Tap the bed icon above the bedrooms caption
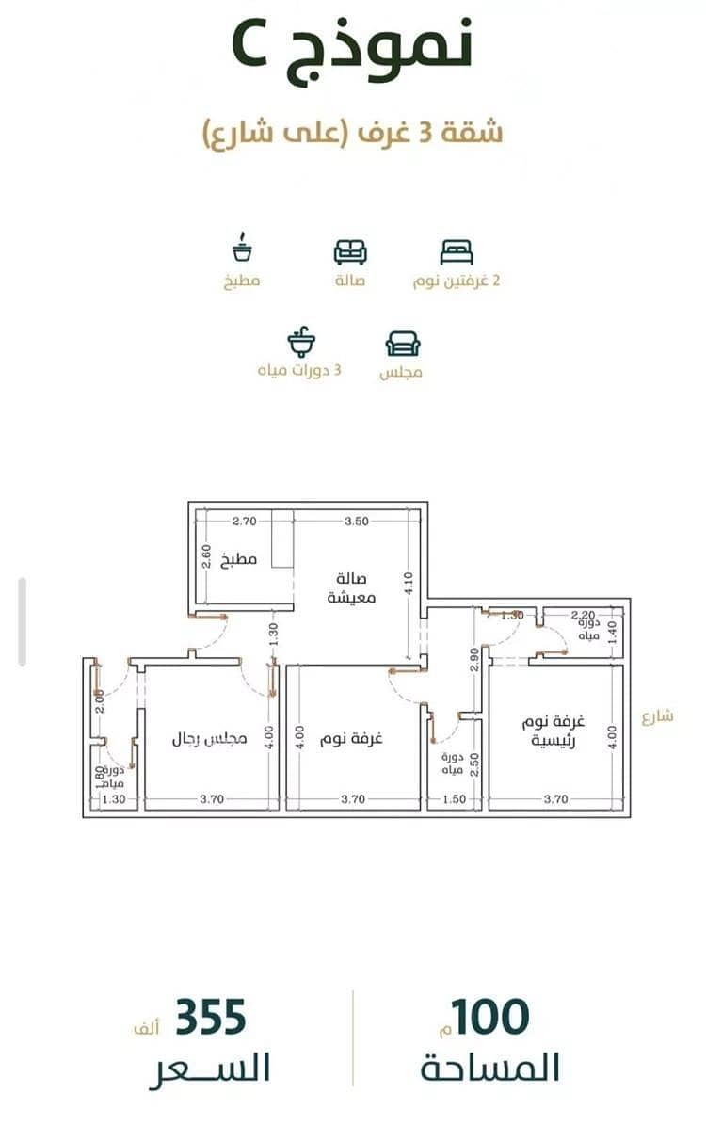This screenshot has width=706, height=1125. pos(457,252)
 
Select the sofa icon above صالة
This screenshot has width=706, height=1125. pos(350,252)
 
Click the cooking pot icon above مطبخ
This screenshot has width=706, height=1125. pos(243,248)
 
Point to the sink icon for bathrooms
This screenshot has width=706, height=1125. pos(301,342)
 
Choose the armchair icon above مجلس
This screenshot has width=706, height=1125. pos(403,345)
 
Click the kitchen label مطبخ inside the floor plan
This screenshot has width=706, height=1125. pos(239,559)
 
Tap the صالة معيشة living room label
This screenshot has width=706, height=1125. pos(351,587)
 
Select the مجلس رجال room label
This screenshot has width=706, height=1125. pos(209,738)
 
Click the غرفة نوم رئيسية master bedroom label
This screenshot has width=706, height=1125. pos(553,731)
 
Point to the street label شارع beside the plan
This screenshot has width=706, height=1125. pos(657,716)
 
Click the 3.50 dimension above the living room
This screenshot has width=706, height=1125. pos(357,522)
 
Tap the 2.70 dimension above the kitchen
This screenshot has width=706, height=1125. pos(244,522)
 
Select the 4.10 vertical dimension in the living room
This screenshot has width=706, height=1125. pos(409,584)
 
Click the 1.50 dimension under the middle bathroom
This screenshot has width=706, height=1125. pos(454,799)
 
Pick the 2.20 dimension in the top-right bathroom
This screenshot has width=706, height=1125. pos(583,615)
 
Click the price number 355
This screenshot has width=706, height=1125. pos(210,1018)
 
